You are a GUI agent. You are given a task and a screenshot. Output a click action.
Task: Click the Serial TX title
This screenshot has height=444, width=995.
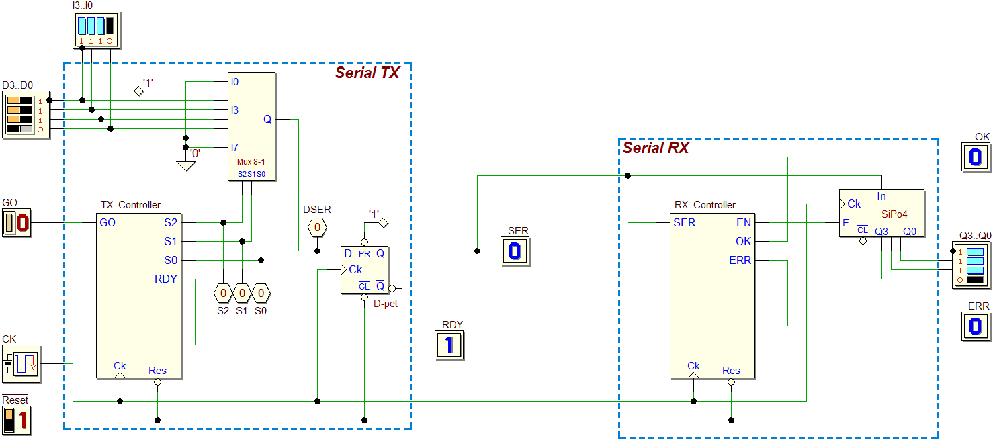pos(367,73)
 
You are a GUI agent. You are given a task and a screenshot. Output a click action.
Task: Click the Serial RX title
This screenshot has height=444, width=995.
pos(656,147)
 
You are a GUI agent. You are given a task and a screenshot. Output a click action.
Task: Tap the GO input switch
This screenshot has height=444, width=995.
pos(17,223)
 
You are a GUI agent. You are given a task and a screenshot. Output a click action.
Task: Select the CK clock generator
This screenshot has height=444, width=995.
pos(21,364)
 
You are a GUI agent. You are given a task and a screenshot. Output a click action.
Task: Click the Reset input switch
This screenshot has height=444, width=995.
pos(17,420)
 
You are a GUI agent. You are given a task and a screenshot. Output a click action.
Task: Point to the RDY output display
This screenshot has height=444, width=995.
pos(449,345)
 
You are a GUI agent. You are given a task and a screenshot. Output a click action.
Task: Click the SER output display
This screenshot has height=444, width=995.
pos(515,251)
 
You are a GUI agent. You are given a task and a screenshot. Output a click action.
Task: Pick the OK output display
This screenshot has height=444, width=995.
pos(976,157)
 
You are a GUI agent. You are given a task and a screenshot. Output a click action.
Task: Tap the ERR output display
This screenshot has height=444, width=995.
pos(976,326)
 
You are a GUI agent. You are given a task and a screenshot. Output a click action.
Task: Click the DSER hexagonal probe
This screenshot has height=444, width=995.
pos(317,227)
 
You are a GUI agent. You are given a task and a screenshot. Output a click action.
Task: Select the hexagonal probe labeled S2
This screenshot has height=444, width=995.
pos(223,293)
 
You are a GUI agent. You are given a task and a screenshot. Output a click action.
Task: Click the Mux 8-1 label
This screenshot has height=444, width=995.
pos(251,162)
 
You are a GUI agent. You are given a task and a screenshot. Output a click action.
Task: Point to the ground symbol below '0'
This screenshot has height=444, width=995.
pos(185,166)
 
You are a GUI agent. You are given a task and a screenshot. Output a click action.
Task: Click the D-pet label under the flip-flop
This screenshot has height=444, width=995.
pos(386,304)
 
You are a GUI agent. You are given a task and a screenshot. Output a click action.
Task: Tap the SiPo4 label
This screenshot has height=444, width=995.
pos(894,214)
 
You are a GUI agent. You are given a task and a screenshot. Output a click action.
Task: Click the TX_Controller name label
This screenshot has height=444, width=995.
pos(130,205)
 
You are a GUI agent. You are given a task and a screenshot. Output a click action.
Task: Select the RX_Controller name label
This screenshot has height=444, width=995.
pos(705,205)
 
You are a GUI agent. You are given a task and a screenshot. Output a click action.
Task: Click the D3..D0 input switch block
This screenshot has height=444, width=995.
pos(26,115)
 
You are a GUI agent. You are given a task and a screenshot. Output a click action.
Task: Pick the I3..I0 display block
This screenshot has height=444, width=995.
pos(96,30)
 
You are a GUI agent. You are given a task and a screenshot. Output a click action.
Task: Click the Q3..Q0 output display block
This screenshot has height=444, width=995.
pos(971,265)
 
